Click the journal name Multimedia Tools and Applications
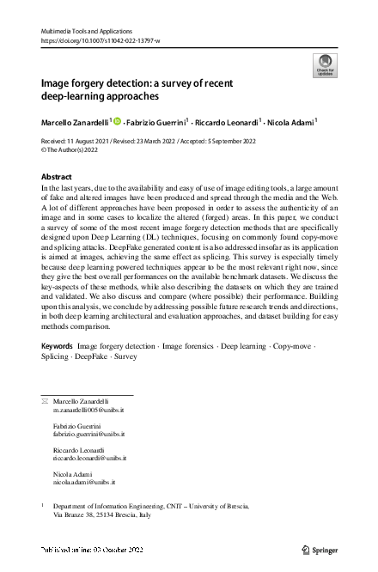pyautogui.click(x=81, y=31)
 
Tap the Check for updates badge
pyautogui.click(x=325, y=64)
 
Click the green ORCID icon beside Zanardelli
pyautogui.click(x=118, y=121)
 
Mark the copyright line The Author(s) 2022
pyautogui.click(x=76, y=149)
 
